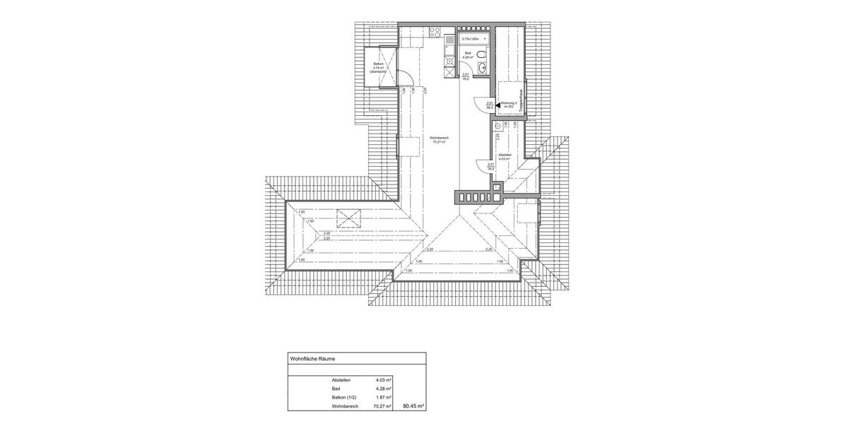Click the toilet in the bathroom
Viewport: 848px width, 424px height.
click(x=481, y=54)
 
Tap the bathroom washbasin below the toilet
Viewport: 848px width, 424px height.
click(x=483, y=68)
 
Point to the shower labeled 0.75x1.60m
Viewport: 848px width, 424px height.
click(x=471, y=39)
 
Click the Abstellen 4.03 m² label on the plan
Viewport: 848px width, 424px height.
click(x=505, y=157)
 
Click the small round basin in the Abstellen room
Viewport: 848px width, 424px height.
click(x=498, y=125)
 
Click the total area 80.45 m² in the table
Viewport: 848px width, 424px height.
click(x=413, y=406)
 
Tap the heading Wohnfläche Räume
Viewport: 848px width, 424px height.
click(x=313, y=359)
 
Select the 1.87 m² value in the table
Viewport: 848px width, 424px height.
click(x=384, y=397)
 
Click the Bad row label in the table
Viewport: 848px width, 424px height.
click(x=336, y=389)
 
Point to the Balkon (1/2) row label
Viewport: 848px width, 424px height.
click(x=344, y=397)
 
